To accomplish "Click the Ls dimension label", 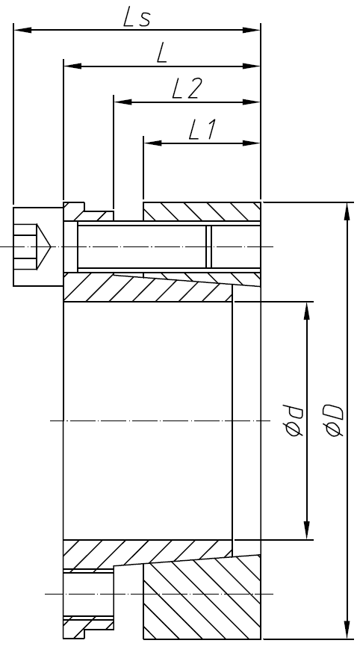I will [x=137, y=18].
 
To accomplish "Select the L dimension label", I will [x=160, y=53].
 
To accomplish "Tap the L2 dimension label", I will [x=186, y=89].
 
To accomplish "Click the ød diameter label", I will [x=293, y=420].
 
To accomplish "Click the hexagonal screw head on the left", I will [x=31, y=246].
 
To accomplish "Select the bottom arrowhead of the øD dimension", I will [x=347, y=630].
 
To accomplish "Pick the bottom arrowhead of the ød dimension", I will [x=306, y=530].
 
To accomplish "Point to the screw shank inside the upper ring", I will [x=142, y=246].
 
